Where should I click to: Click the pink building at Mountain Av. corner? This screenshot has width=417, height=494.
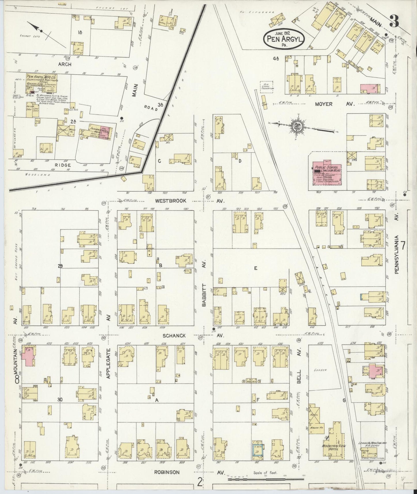(29, 357)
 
